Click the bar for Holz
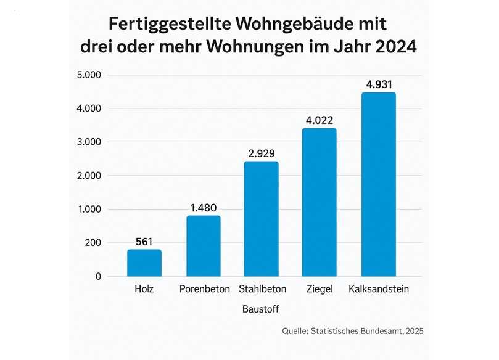click(144, 263)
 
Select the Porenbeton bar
click(203, 246)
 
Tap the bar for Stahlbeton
click(262, 219)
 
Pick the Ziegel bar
click(320, 202)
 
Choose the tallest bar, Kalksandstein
click(378, 184)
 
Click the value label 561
click(144, 241)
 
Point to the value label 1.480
click(203, 207)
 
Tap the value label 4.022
click(320, 120)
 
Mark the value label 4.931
click(378, 84)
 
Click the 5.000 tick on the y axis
click(88, 75)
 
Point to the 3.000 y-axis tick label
click(88, 142)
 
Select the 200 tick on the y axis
click(93, 243)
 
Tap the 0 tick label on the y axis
click(97, 277)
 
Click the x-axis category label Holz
click(144, 289)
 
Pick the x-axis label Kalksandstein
click(378, 289)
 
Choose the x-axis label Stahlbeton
click(262, 289)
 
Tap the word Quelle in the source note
click(295, 332)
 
